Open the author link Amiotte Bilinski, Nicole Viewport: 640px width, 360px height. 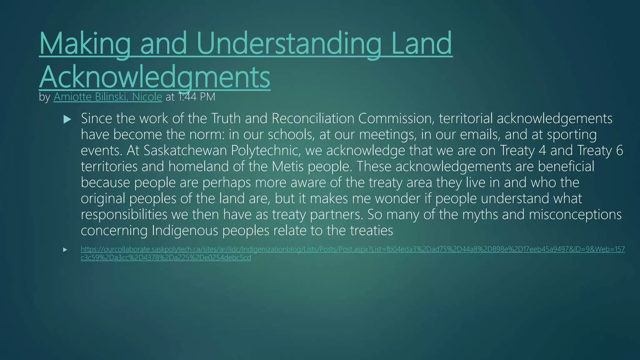click(108, 97)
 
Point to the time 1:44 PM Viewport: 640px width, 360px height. click(197, 97)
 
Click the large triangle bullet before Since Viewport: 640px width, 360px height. click(67, 119)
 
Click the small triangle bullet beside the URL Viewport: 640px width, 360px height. click(65, 250)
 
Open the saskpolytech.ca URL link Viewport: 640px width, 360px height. click(352, 249)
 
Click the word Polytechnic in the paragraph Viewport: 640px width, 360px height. click(266, 150)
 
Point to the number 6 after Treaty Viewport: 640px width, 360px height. click(619, 150)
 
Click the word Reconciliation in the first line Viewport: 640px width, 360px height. click(313, 118)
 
